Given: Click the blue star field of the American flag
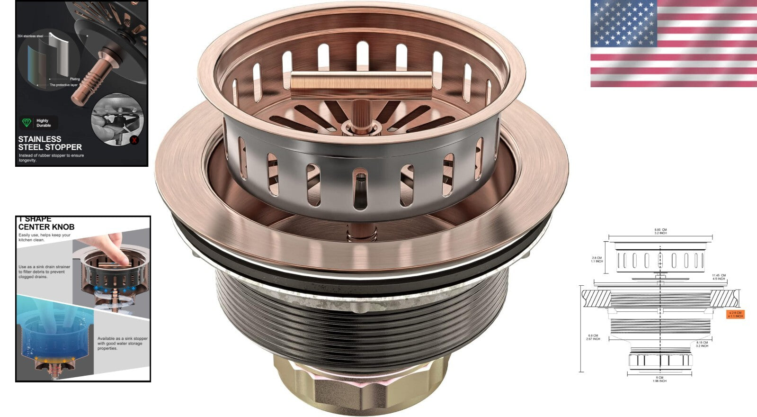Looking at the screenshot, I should tap(623, 23).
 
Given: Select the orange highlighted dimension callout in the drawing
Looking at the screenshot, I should tap(735, 314).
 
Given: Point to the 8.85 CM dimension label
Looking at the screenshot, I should tap(660, 231).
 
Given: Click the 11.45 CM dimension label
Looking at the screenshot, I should tap(718, 277).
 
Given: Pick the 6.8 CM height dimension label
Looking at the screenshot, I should tap(593, 337).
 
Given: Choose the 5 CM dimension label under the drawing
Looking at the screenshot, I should tap(659, 379).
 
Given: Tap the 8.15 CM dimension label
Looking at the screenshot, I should tap(702, 344).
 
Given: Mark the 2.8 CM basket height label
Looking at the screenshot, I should tap(597, 259).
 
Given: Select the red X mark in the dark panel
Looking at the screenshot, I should tap(134, 140).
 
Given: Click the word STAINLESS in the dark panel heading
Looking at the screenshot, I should tap(40, 139).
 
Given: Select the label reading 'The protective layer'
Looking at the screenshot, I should tap(63, 85).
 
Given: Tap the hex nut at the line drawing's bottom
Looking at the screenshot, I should tap(660, 361).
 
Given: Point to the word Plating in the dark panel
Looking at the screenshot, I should tap(75, 79).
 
